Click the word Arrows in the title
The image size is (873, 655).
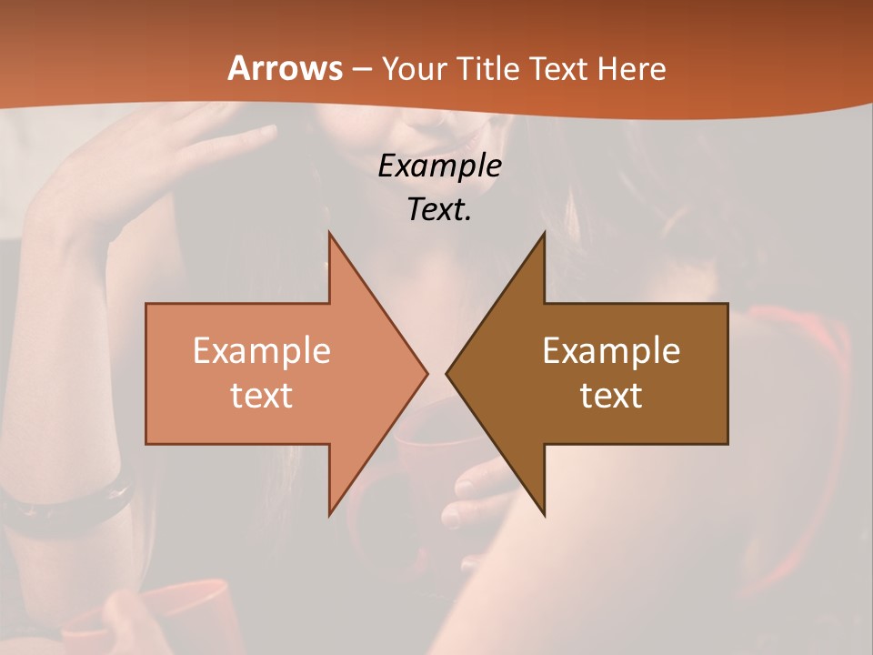(x=284, y=68)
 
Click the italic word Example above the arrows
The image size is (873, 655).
(x=439, y=166)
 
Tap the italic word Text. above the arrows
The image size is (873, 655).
(x=439, y=210)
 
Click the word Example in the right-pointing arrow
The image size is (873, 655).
(x=262, y=350)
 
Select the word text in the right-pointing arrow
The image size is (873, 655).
(x=262, y=395)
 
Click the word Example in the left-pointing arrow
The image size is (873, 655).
(x=611, y=350)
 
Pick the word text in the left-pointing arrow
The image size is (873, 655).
(x=611, y=395)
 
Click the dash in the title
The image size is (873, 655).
(x=361, y=69)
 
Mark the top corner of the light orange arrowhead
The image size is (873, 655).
(x=329, y=234)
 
